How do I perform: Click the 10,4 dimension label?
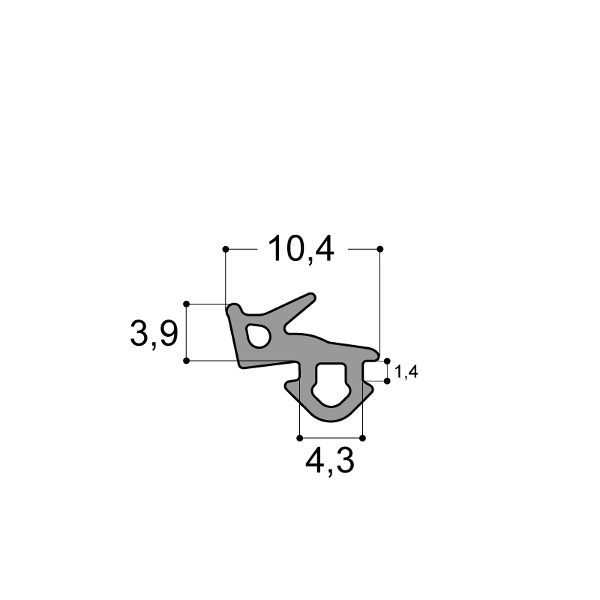[301, 249]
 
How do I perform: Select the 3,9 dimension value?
[154, 334]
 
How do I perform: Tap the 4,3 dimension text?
[330, 460]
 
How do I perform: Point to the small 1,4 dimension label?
[406, 372]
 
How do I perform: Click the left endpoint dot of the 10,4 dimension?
[226, 249]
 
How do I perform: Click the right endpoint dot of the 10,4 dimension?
[380, 249]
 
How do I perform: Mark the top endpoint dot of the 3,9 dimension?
[187, 304]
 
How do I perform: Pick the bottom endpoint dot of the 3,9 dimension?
[187, 361]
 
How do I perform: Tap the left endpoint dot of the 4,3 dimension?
[300, 438]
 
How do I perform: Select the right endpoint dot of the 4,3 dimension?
[363, 438]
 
